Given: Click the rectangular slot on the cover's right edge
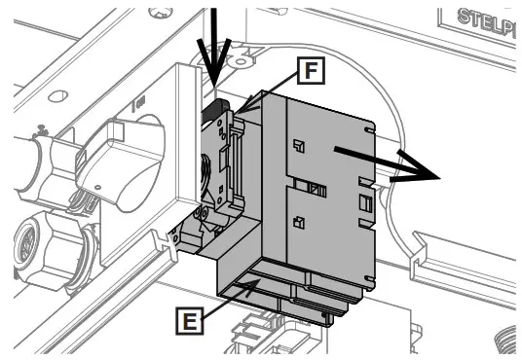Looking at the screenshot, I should [x=364, y=203].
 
